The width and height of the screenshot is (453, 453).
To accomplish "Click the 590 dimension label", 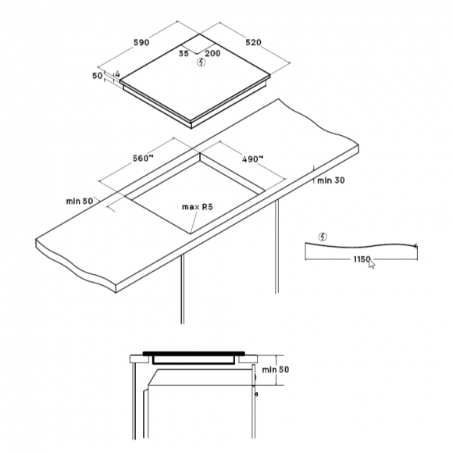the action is point(141,42).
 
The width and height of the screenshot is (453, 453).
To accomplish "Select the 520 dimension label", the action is point(253,42).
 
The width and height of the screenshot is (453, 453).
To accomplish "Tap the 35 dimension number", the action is point(184,53).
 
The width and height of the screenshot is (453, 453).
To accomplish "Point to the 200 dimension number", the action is point(212,53).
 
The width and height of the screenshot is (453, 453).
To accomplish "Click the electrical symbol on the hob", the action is point(201,62).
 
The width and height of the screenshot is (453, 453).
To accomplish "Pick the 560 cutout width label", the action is point(143,159).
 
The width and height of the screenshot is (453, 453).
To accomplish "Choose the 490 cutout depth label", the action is point(253,159).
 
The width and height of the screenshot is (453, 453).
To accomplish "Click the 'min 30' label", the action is point(331,180).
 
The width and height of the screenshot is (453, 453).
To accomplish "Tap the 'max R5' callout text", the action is point(198,207).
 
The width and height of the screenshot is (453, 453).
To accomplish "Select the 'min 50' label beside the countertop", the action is point(80,201).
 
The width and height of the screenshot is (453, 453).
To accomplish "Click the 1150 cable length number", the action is point(362,259).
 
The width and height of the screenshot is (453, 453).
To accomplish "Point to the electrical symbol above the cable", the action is point(323,237).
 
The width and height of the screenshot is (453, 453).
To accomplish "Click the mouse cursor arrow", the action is point(372,264).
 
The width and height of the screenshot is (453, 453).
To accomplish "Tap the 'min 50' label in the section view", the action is point(276,369).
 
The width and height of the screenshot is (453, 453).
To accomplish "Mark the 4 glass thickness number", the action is point(117,73).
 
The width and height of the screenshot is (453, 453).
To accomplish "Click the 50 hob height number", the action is point(98,76).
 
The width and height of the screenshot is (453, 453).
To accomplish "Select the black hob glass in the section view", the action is point(194,353).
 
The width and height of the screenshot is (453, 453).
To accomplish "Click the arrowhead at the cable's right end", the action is point(416,246).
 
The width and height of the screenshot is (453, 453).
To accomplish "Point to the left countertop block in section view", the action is point(139,359).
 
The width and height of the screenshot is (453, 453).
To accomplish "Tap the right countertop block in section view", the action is point(248,359).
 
